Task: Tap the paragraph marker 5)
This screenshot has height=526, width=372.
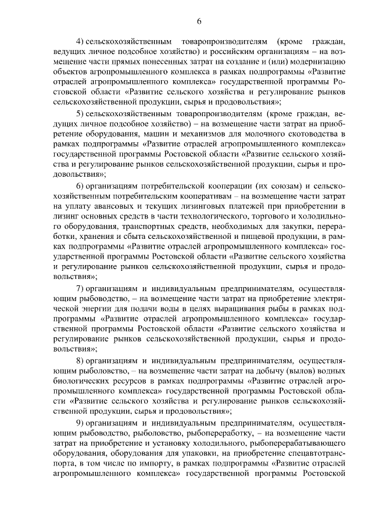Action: click(80, 113)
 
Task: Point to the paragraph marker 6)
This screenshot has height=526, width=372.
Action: click(80, 185)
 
